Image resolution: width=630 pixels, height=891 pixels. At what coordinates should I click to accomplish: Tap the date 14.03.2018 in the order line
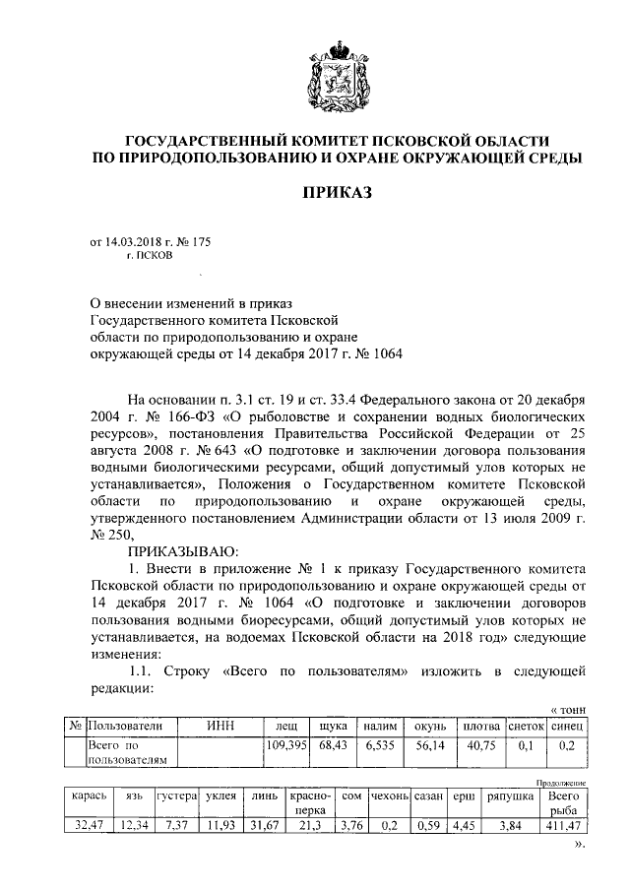click(135, 240)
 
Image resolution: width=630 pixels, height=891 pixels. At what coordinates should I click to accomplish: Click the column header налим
click(378, 726)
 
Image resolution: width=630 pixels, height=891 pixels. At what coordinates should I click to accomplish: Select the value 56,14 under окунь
click(429, 745)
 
